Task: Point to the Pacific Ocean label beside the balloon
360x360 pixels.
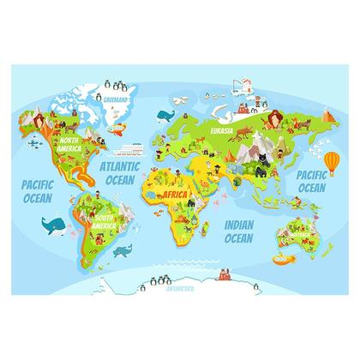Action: [310, 181]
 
